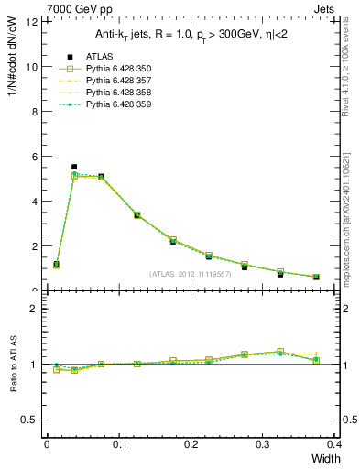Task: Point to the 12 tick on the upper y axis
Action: pyautogui.click(x=32, y=22)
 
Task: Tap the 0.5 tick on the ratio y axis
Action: pyautogui.click(x=31, y=420)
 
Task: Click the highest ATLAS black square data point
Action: pyautogui.click(x=74, y=167)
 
